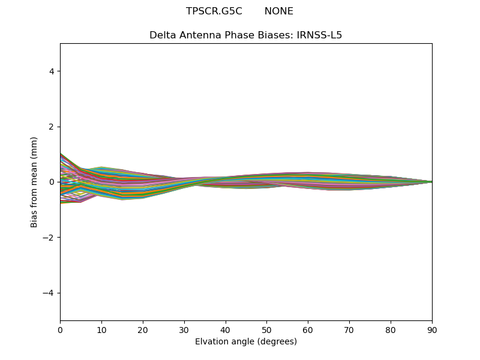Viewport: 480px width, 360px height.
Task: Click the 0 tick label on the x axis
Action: pos(60,329)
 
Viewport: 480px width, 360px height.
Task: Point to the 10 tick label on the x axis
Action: pos(101,329)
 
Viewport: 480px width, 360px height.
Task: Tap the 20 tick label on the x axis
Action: pos(143,329)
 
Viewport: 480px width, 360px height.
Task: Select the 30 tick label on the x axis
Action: pos(184,329)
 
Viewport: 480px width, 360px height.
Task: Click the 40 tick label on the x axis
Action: pos(226,329)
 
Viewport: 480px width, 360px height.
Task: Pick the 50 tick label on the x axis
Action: pos(266,329)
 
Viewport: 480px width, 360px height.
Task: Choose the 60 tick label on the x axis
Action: pos(308,329)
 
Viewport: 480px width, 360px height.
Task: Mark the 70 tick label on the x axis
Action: pos(349,329)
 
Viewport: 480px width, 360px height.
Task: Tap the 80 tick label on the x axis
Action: pos(391,329)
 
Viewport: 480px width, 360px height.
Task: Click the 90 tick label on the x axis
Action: pos(432,329)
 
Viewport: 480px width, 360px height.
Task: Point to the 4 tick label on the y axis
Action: pos(52,71)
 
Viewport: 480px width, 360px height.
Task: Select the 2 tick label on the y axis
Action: pos(52,127)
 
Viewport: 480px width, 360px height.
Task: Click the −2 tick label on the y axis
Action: pos(49,238)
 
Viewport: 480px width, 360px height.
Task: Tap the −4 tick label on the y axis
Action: pos(49,293)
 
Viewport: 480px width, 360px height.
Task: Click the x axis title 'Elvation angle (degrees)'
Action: pos(246,342)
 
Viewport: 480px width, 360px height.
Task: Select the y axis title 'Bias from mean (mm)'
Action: pos(35,182)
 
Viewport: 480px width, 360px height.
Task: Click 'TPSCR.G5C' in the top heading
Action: pos(214,11)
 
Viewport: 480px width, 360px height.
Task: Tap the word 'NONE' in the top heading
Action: pos(279,11)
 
